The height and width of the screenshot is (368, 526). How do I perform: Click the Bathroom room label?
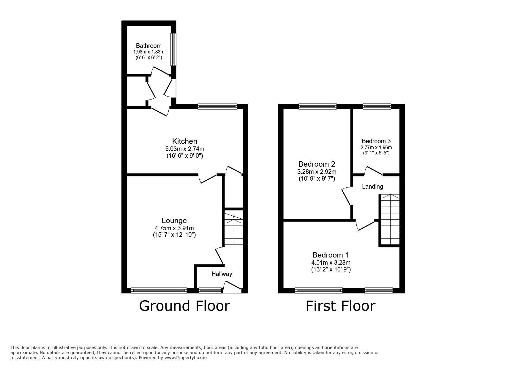(149, 46)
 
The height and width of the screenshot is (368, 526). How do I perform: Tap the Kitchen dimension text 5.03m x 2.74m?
(185, 149)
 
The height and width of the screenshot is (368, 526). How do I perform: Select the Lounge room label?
(174, 221)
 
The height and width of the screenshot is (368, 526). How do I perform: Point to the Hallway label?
(222, 274)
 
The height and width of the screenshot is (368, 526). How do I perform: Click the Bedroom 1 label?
(331, 255)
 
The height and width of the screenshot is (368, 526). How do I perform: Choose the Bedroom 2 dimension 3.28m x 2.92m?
(317, 172)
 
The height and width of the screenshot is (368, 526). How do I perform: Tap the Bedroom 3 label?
(376, 141)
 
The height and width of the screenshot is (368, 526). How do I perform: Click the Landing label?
(372, 187)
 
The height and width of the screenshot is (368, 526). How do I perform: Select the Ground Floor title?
(184, 306)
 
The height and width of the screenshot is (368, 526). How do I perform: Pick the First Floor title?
(341, 306)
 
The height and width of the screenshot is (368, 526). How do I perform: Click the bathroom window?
(173, 49)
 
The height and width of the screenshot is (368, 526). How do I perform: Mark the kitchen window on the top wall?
(217, 106)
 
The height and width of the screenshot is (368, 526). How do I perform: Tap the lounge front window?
(159, 290)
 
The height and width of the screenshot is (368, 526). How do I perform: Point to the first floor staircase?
(390, 220)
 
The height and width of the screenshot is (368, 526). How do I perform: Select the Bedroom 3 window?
(377, 106)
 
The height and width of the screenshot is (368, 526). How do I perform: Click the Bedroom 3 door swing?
(373, 171)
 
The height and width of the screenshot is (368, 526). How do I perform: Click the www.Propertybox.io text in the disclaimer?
(186, 358)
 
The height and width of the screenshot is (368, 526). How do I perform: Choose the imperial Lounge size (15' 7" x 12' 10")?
(174, 235)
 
